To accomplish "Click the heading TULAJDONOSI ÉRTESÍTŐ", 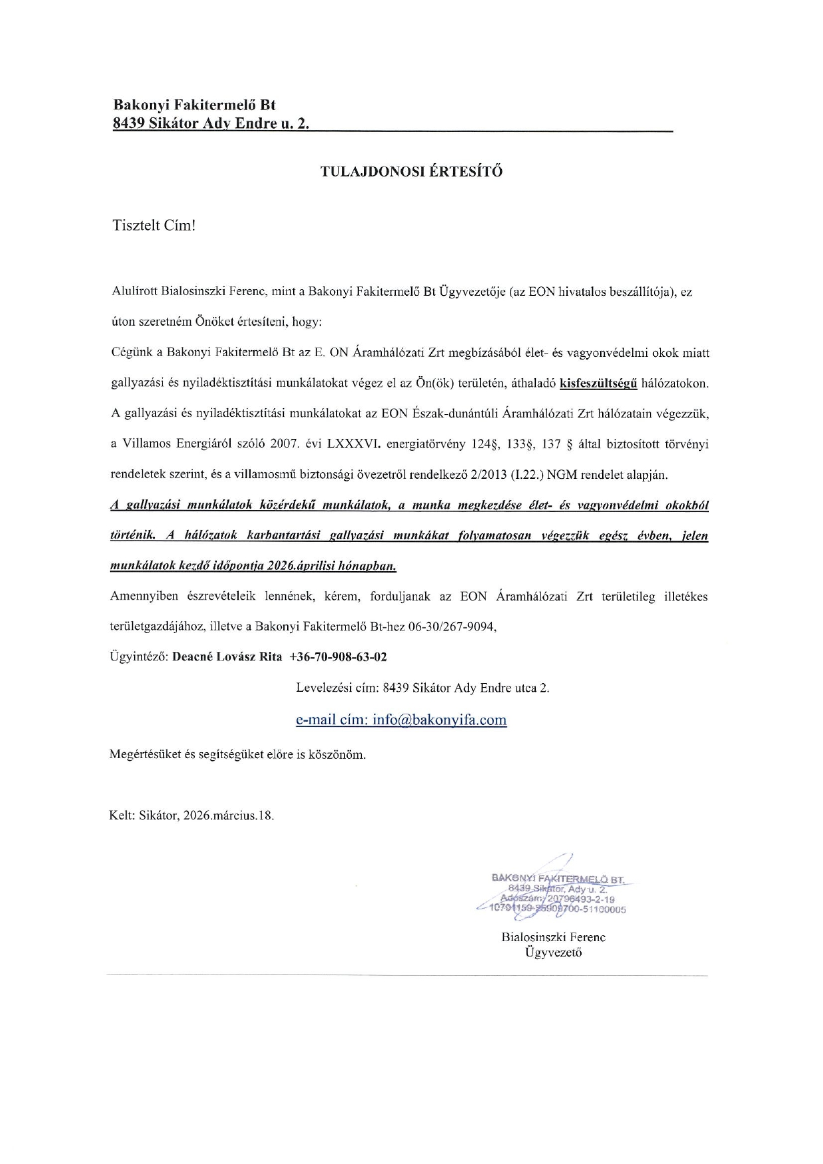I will [411, 172].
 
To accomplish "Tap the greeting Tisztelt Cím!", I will [155, 226].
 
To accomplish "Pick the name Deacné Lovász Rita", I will [227, 657].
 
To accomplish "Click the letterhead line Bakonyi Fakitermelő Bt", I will [194, 105].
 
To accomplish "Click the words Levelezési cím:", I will [336, 688].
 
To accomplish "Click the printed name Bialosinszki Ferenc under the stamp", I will [553, 937].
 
